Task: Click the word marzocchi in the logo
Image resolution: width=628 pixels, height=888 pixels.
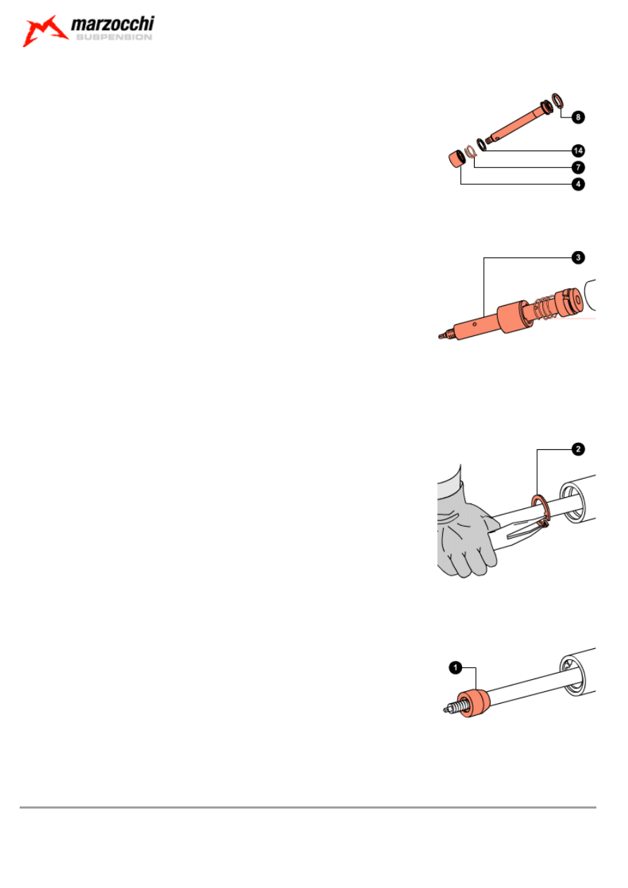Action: [113, 25]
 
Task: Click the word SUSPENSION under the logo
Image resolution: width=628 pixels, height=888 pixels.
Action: [114, 37]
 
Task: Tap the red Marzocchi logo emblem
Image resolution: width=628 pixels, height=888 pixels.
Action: [44, 31]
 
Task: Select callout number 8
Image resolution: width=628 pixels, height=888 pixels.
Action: [578, 117]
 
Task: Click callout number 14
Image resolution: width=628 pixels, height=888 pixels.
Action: [578, 150]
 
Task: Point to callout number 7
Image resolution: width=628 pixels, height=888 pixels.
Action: [578, 167]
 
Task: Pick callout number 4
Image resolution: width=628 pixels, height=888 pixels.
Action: [578, 184]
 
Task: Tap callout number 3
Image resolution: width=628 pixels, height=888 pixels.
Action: [578, 257]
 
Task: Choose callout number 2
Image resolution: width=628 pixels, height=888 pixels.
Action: [578, 449]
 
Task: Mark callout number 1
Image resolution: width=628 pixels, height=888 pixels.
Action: [456, 668]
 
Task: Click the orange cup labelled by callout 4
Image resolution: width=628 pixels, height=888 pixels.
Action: [456, 159]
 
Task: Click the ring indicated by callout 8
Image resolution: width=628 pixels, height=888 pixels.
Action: [557, 101]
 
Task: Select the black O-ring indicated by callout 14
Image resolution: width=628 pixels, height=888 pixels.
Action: [481, 145]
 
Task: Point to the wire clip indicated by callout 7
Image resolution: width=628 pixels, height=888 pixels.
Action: [470, 151]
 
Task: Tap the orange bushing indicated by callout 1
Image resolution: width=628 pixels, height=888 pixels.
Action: [473, 703]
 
